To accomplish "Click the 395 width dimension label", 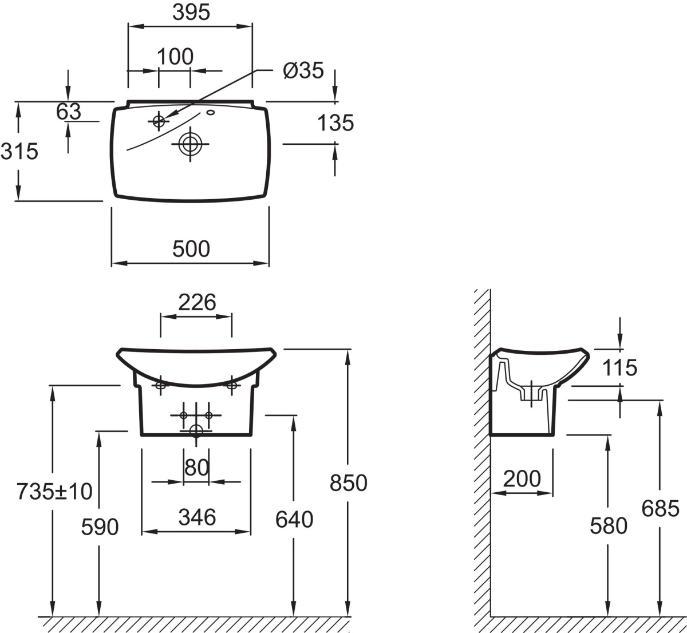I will (x=191, y=12).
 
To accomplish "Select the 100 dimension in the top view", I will (x=175, y=57).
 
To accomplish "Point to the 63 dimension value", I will (x=69, y=112).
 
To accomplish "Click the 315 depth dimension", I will (x=19, y=151).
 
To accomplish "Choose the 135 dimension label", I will (x=335, y=122).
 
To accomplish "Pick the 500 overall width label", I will (x=191, y=249).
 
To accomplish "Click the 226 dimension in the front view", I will (x=196, y=302).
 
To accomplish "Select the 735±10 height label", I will (x=54, y=491).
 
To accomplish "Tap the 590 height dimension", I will (x=100, y=527).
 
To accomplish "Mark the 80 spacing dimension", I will (x=196, y=468).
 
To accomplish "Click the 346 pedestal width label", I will (x=196, y=517).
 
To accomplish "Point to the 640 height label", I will (x=294, y=520).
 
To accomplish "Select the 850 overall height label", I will (x=348, y=483).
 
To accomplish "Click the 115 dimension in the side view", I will (x=620, y=367).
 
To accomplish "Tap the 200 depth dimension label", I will (x=522, y=478).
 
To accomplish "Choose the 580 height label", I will (x=609, y=525).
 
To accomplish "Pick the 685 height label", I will (x=660, y=508).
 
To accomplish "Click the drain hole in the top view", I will (x=189, y=144).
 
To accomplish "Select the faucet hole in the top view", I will (x=159, y=121).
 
